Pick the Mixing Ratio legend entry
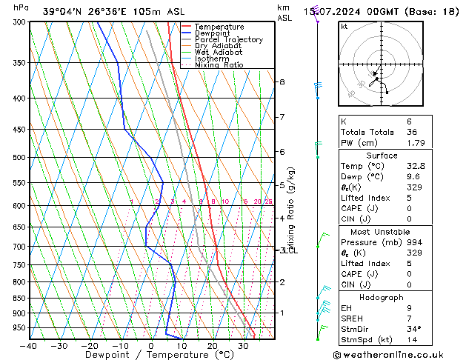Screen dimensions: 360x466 point(219,65)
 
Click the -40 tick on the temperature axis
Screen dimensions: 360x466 point(29,346)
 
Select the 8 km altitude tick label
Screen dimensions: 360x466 point(282,81)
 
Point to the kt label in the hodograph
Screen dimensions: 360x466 point(344,27)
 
